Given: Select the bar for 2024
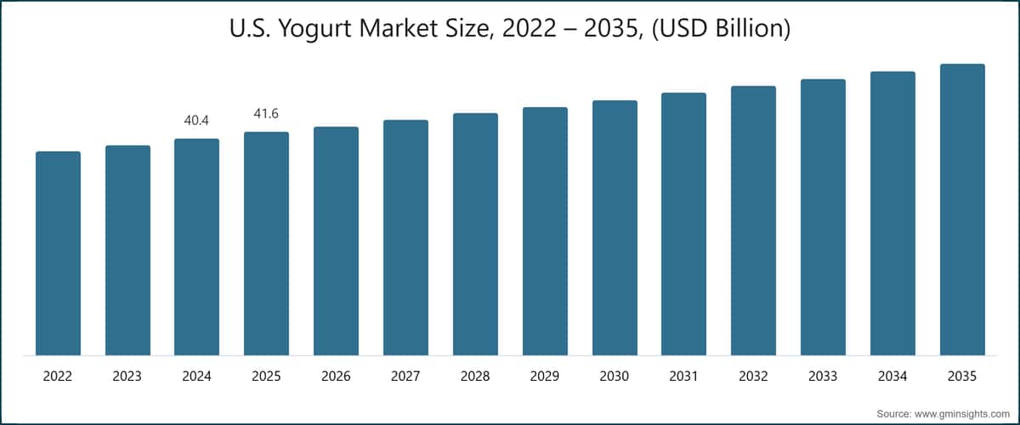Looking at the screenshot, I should [x=196, y=246].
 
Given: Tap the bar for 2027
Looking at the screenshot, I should [x=405, y=237].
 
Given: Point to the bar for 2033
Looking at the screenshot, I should [x=823, y=217].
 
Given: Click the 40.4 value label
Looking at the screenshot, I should [x=196, y=122].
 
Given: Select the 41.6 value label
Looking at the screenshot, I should [x=266, y=115].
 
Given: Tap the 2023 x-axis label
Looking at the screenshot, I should [x=127, y=376].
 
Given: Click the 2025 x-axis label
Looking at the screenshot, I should [x=266, y=376].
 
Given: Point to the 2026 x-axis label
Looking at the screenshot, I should [x=336, y=376].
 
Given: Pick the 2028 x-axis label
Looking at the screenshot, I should [x=475, y=376].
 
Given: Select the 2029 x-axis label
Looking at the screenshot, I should [x=545, y=376].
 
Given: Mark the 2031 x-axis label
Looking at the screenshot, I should [x=683, y=376].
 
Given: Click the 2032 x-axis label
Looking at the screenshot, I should [x=753, y=376].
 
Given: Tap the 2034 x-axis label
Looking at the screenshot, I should [x=892, y=376].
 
